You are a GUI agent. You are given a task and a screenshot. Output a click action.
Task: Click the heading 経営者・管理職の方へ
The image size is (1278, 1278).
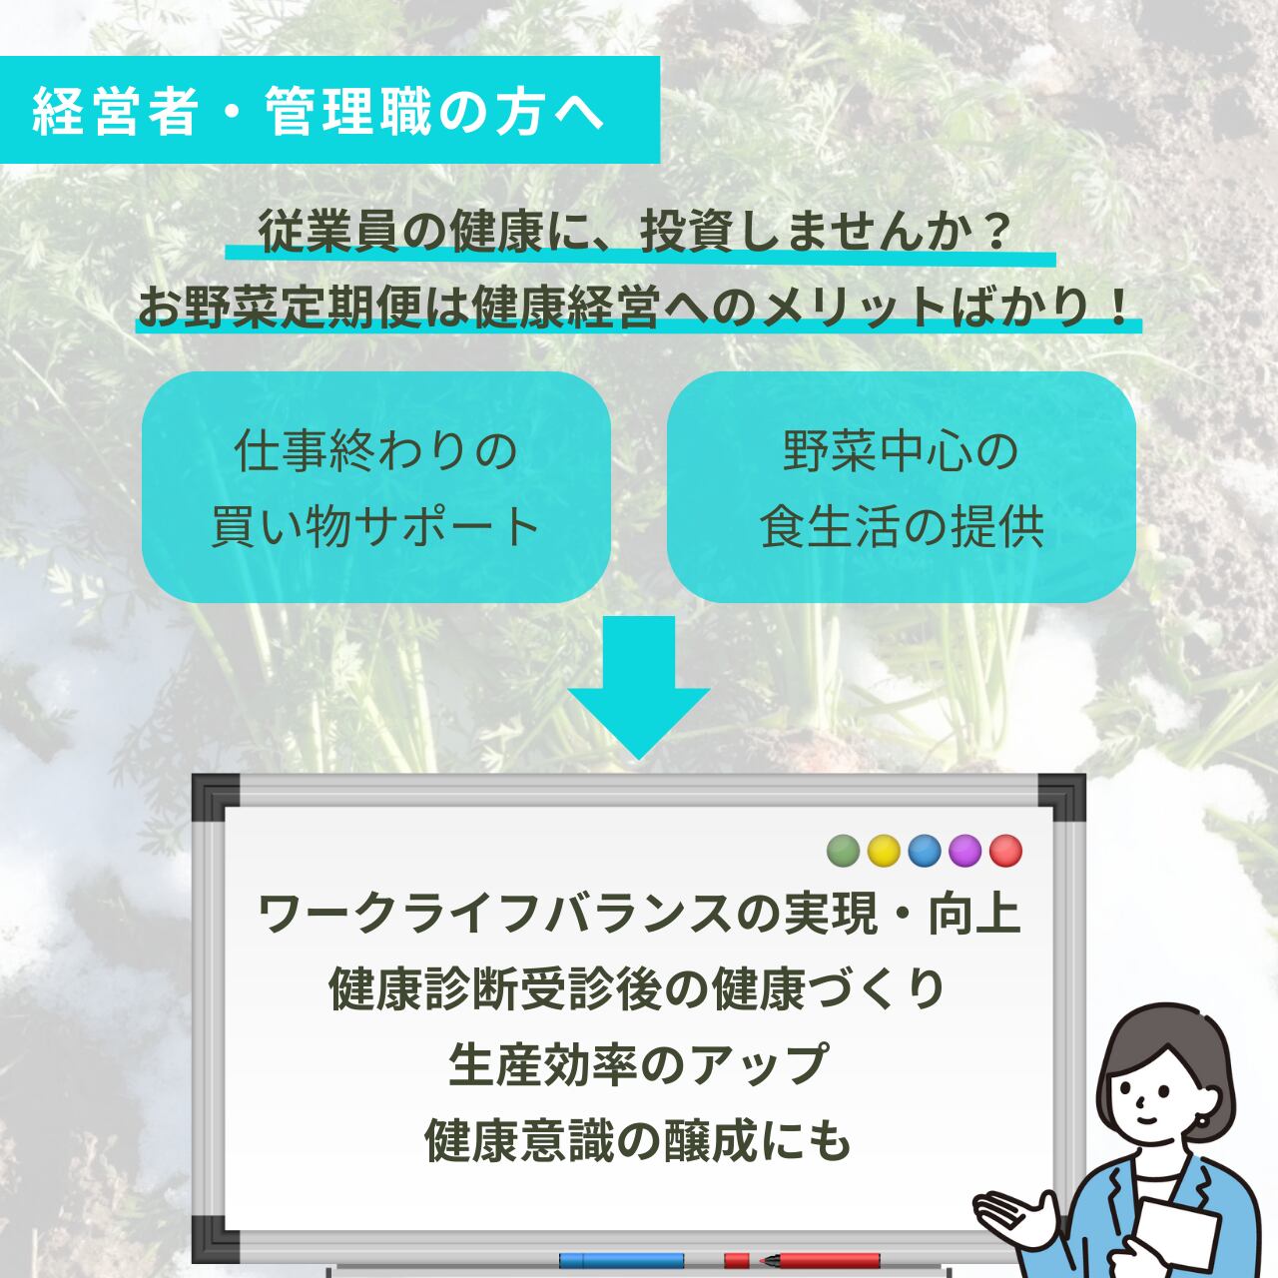point(319,111)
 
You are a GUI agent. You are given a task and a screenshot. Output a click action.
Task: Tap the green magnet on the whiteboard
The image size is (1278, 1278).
point(844,851)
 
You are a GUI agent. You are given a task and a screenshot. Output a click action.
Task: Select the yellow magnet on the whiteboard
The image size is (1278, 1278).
point(884,851)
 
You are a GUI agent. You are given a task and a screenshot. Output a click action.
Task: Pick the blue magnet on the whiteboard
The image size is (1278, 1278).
point(925,851)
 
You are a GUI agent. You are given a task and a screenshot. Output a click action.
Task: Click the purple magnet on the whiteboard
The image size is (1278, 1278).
point(964,851)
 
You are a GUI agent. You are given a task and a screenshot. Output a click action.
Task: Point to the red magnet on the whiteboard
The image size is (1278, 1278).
point(1005,851)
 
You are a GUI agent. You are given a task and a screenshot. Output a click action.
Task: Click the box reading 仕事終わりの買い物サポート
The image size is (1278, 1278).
point(375,487)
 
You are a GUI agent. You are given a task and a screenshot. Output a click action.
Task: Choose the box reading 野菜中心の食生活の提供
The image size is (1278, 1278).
point(901,487)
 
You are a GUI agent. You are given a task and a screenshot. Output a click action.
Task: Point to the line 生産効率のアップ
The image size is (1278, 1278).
point(638,1064)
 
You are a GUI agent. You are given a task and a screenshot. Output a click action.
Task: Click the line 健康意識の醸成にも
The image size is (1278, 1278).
point(638,1139)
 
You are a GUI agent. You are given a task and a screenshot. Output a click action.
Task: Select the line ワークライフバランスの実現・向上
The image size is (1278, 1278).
point(640,915)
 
